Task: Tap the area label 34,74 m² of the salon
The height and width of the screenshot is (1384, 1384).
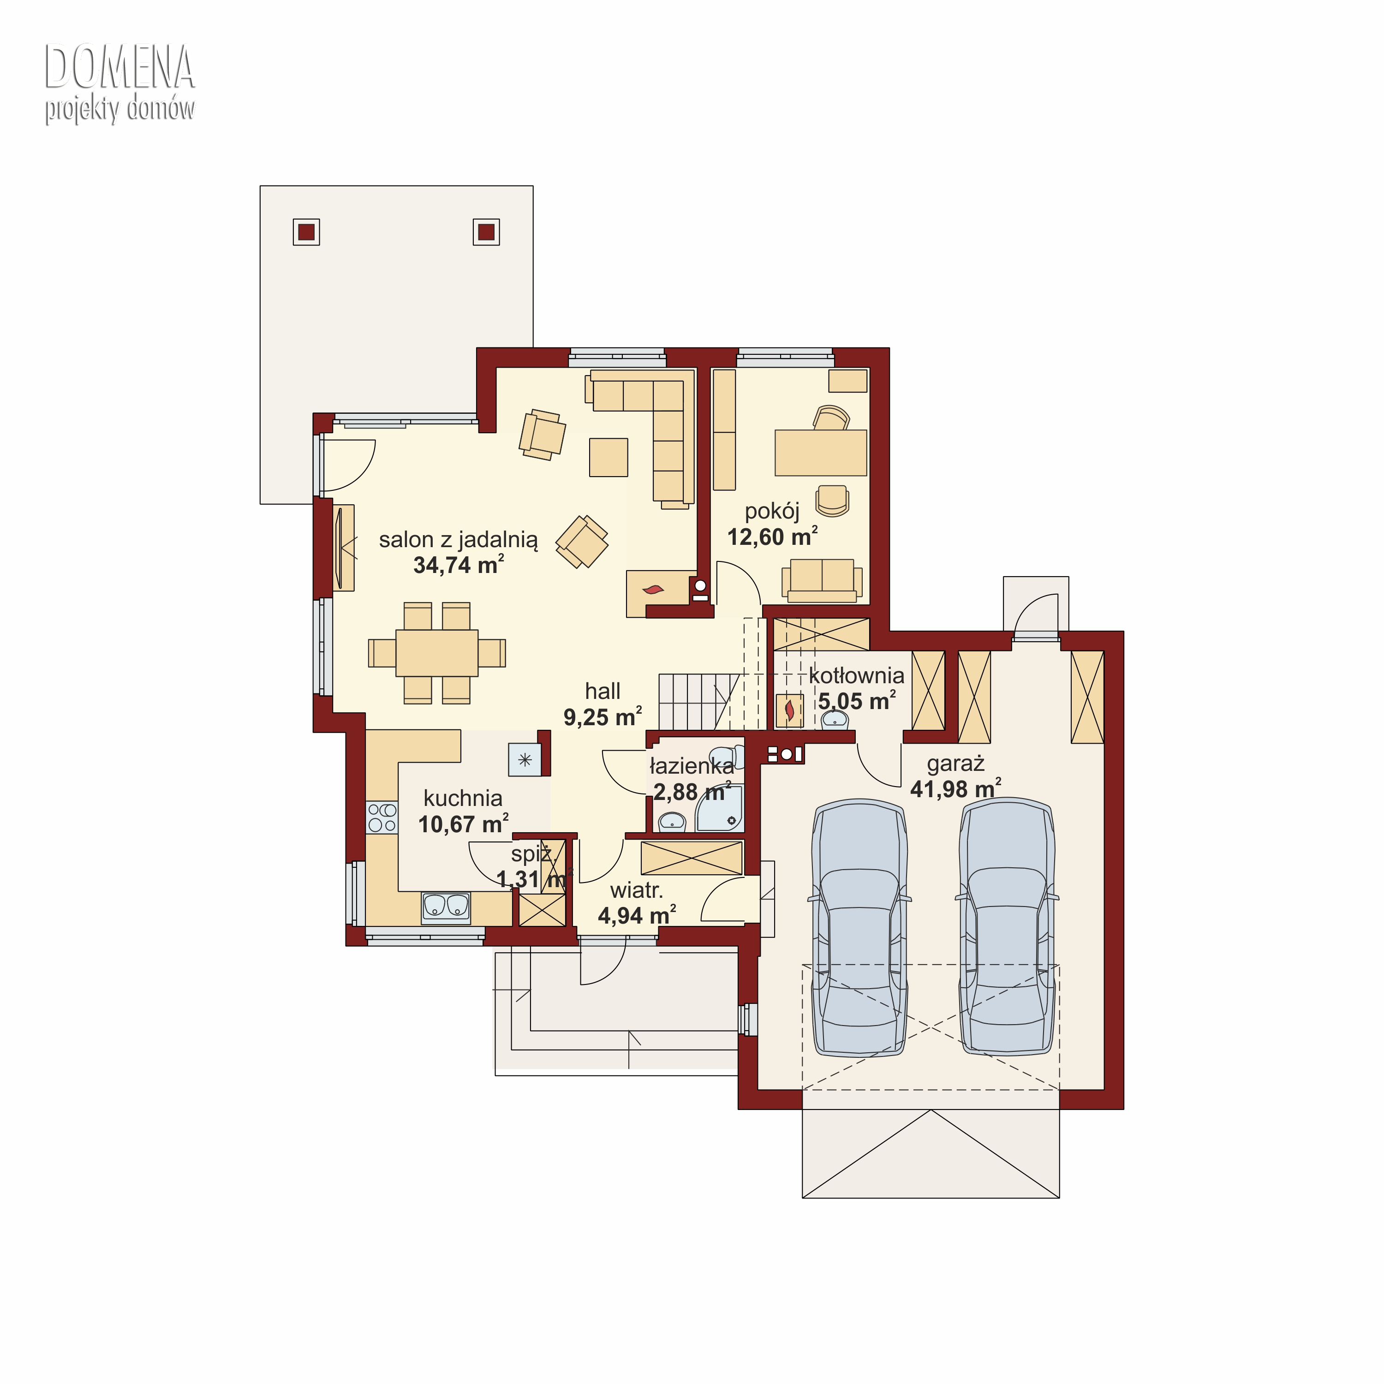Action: pyautogui.click(x=459, y=565)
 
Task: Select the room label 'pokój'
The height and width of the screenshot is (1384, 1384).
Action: pyautogui.click(x=772, y=512)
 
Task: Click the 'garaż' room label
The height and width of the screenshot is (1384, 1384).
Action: pyautogui.click(x=955, y=764)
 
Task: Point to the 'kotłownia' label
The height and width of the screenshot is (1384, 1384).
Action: pyautogui.click(x=857, y=675)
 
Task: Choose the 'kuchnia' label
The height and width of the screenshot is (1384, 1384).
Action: pyautogui.click(x=463, y=798)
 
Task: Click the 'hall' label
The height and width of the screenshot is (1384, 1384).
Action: pyautogui.click(x=603, y=691)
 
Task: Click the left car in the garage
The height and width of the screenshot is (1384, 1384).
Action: pyautogui.click(x=859, y=928)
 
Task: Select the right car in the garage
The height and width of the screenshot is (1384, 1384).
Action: pyautogui.click(x=1007, y=928)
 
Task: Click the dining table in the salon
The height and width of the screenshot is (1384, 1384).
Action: pyautogui.click(x=437, y=653)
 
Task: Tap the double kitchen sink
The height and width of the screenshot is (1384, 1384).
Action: pyautogui.click(x=446, y=907)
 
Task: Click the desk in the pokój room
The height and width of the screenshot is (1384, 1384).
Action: pyautogui.click(x=821, y=452)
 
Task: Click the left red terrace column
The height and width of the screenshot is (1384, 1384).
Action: pyautogui.click(x=307, y=232)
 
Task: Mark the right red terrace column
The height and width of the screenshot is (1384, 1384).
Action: pyautogui.click(x=486, y=232)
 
